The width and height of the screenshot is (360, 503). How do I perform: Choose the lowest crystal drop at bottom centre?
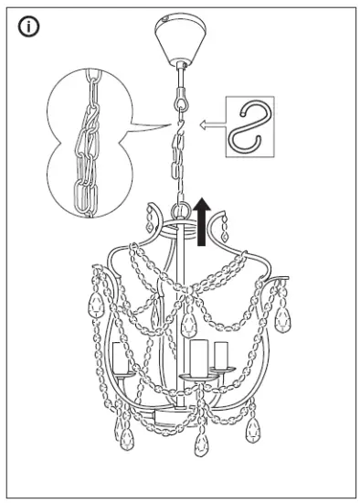(200, 445)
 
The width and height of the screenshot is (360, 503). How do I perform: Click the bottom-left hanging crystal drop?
(118, 430)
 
